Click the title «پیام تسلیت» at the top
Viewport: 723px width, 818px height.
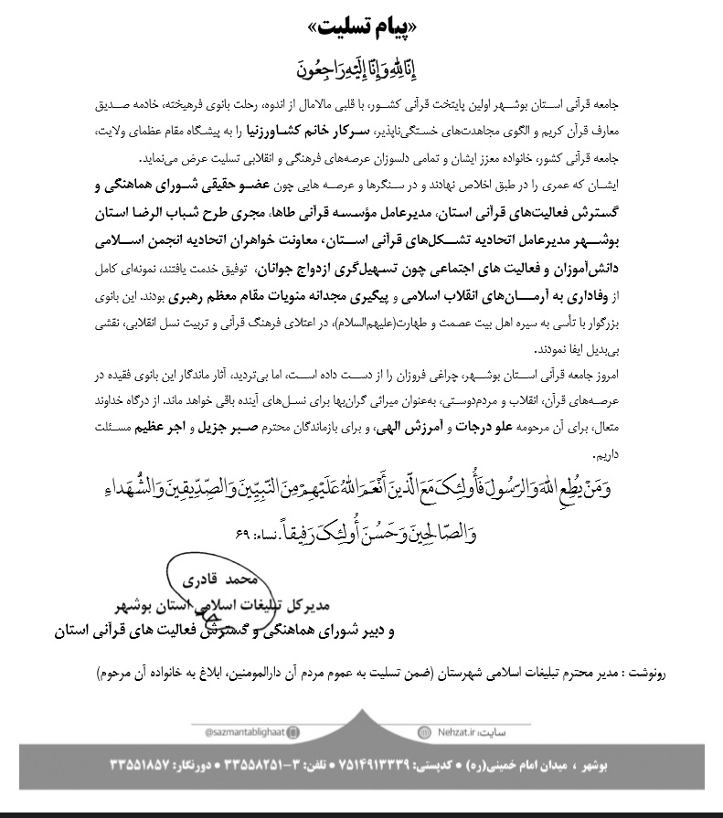(362, 20)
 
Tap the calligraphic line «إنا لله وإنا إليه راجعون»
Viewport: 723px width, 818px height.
(361, 66)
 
